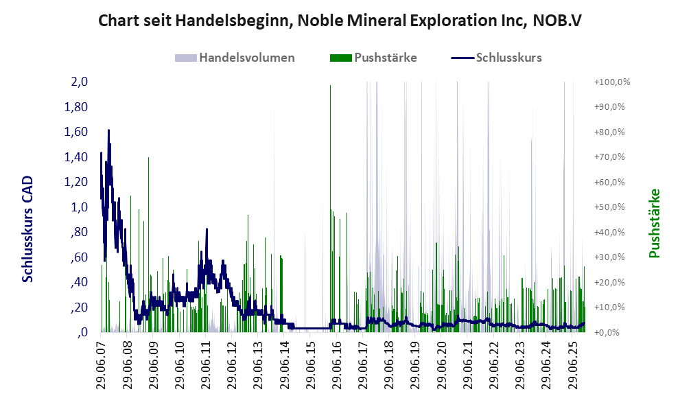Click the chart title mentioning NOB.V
pyautogui.click(x=340, y=20)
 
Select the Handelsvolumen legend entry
pyautogui.click(x=247, y=58)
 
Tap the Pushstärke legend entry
pyautogui.click(x=385, y=58)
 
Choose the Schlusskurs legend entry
pyautogui.click(x=508, y=58)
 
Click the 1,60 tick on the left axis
pyautogui.click(x=76, y=132)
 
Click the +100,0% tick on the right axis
pyautogui.click(x=611, y=82)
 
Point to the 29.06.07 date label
pyautogui.click(x=100, y=364)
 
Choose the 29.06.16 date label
pyautogui.click(x=337, y=364)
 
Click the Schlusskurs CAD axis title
pyautogui.click(x=28, y=229)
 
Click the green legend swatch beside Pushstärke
pyautogui.click(x=340, y=58)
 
